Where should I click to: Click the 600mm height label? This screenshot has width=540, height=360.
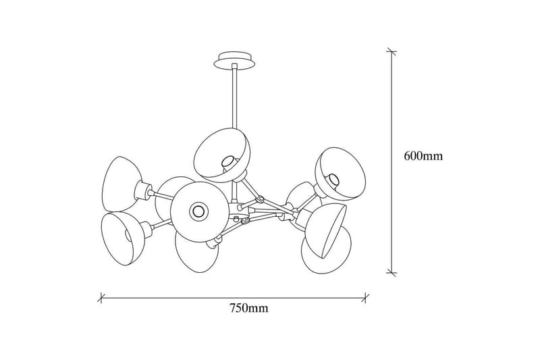(423, 157)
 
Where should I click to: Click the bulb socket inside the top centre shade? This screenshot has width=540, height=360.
(227, 161)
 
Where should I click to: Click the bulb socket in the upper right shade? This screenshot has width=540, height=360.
(333, 179)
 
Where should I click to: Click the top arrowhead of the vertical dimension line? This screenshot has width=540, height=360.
(390, 51)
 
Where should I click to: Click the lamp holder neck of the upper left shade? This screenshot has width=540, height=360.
(143, 190)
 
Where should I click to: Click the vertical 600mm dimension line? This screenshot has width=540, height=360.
(390, 162)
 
